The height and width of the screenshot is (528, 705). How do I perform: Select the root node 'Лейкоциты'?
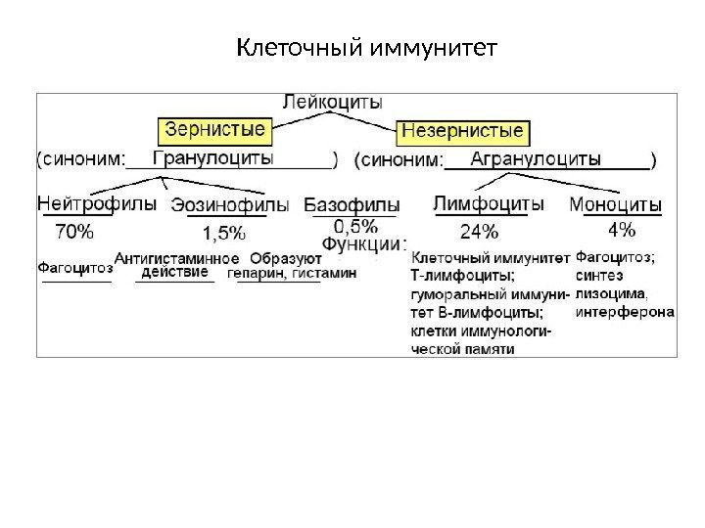point(333,101)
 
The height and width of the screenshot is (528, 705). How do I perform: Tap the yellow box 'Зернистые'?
point(212,128)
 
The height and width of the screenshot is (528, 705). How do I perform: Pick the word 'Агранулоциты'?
point(537,157)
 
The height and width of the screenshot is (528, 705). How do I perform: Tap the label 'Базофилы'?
point(352,204)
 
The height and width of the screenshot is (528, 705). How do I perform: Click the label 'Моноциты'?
point(615,205)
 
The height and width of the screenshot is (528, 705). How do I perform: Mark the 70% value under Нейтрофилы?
point(74,232)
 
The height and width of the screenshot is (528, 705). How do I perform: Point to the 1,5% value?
point(224,234)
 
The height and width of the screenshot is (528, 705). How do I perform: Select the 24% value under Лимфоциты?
point(479,232)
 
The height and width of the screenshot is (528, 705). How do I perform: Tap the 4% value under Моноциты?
point(621,231)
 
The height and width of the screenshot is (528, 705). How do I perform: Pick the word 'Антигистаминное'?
point(177,258)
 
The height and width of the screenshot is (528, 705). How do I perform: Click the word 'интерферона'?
point(625,312)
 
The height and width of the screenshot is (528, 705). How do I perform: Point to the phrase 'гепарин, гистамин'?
point(293,274)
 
